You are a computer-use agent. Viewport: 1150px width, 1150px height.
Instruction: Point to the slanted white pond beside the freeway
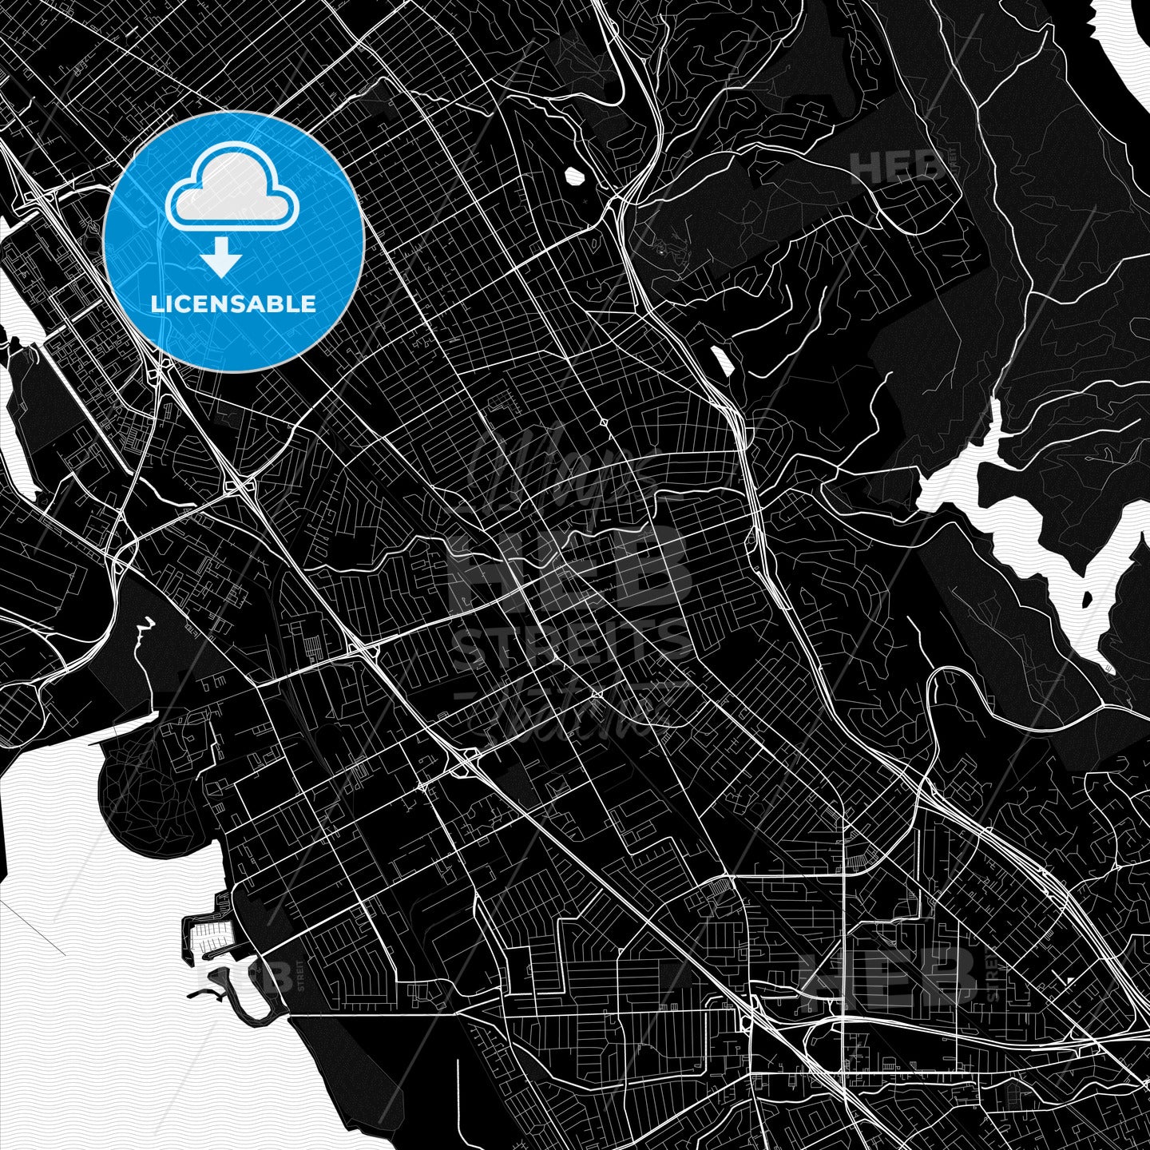pos(722,361)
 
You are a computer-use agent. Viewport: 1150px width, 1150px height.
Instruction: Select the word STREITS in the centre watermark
pos(570,644)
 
